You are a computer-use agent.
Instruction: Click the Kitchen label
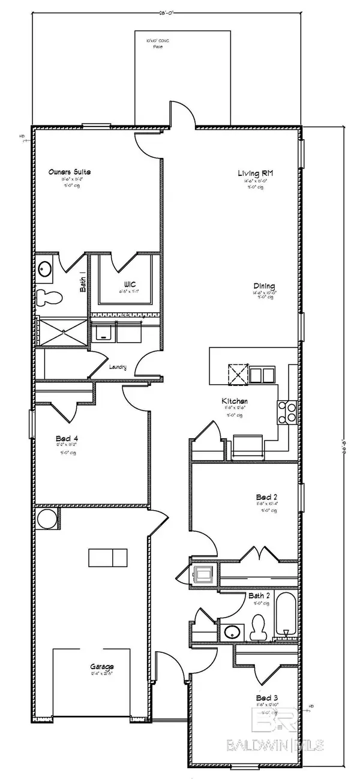click(235, 402)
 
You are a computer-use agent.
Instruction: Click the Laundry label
click(118, 367)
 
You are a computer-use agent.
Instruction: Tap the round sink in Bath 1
click(45, 269)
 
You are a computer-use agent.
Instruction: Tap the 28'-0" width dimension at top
click(166, 11)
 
